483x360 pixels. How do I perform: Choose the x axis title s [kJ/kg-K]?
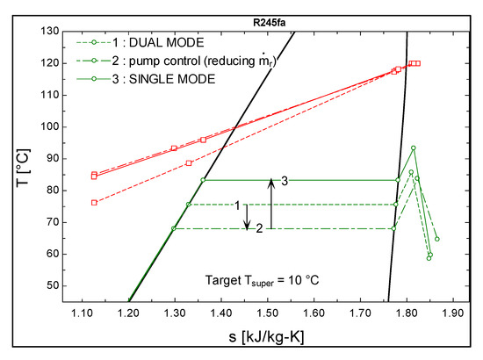click(x=266, y=338)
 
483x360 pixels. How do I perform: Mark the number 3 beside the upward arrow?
click(x=285, y=180)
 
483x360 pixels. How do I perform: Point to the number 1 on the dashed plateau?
click(x=237, y=205)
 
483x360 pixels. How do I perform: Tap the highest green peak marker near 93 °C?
click(x=413, y=148)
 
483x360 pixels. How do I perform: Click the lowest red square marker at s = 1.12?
click(x=94, y=203)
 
